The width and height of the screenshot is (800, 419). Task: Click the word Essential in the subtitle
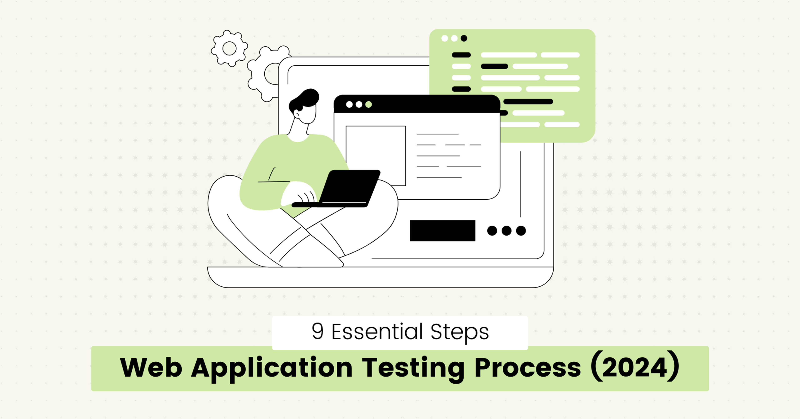pos(377,332)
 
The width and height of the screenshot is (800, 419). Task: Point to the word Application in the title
pos(272,368)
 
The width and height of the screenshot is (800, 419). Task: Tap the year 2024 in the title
pos(635,368)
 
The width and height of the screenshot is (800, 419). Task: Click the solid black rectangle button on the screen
pos(442,231)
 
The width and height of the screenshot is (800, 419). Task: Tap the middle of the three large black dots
pos(506,231)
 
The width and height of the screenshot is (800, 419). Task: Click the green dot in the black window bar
pos(369,104)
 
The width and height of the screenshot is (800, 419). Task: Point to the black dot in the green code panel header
pos(464,38)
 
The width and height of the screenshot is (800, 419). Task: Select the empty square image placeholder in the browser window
pos(376,155)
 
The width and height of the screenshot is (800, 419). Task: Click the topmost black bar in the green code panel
pos(461,55)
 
